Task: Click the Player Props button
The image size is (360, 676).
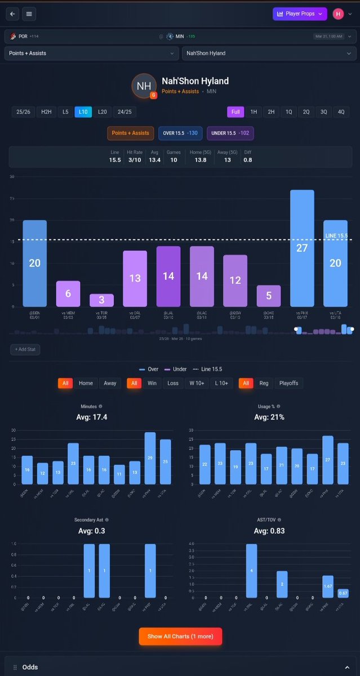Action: tap(299, 14)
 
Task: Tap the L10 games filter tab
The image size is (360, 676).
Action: tap(83, 112)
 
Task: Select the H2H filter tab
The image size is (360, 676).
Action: tap(46, 112)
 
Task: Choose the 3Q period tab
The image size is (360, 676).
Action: tap(323, 112)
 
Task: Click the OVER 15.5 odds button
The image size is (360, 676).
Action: tap(180, 133)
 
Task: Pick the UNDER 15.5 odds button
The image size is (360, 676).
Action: tap(230, 133)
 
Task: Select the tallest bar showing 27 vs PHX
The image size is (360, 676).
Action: tap(302, 248)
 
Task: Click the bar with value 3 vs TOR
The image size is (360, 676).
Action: tap(101, 300)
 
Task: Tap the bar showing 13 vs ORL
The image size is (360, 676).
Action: tap(135, 278)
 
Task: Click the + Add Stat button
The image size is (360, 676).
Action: tap(24, 350)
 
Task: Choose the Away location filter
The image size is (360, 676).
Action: tap(110, 383)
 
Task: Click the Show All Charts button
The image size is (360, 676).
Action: tap(180, 636)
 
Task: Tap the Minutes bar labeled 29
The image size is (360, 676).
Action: tap(150, 459)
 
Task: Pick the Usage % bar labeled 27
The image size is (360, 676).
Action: tap(327, 460)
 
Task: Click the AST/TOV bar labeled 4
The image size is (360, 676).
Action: tap(251, 570)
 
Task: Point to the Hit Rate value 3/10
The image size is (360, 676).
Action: tap(135, 159)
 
